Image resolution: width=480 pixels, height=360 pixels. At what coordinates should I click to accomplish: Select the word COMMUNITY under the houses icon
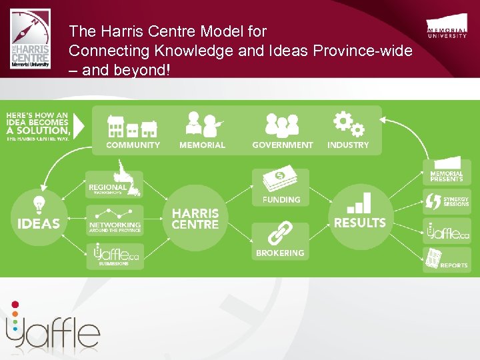click(133, 145)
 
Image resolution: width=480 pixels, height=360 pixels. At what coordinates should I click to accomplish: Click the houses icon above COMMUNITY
click(132, 126)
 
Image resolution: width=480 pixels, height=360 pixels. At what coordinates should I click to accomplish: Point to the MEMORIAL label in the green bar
click(202, 145)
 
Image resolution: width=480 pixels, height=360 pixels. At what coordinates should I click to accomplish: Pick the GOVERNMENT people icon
click(282, 125)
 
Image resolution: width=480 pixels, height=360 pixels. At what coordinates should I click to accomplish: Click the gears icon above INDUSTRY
click(348, 123)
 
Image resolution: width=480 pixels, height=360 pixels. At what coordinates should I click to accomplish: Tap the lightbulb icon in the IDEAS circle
click(39, 203)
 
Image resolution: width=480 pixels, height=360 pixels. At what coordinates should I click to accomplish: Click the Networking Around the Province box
click(114, 220)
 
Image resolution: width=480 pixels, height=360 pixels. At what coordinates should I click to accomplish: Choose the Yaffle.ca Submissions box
click(114, 256)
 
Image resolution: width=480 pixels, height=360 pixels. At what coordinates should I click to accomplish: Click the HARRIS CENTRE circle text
click(195, 219)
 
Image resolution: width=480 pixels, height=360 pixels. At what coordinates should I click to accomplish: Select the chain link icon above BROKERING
click(280, 235)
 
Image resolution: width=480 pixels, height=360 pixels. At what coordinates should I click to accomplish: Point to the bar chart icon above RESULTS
click(360, 203)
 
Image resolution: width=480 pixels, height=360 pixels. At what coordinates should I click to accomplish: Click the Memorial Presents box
click(447, 171)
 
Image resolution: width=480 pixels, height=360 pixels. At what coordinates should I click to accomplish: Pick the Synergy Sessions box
click(447, 201)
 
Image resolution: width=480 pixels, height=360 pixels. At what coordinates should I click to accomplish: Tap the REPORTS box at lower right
click(447, 259)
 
